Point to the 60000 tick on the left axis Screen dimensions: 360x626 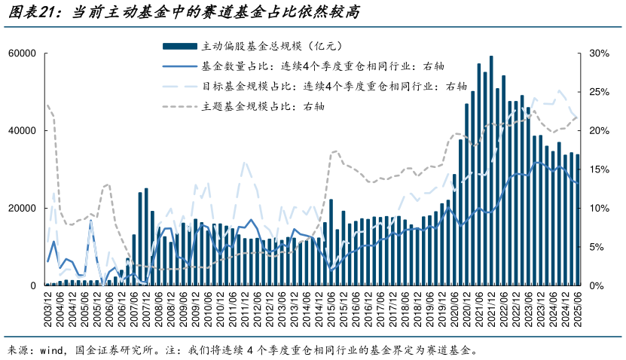[x=23, y=53]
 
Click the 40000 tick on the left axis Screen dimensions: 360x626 [x=23, y=131]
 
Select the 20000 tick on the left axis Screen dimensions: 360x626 [x=23, y=209]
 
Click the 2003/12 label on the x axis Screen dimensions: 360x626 [x=47, y=310]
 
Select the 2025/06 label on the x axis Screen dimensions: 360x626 [x=578, y=310]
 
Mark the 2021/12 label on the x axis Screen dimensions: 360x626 [x=491, y=310]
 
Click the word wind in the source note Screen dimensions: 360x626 [x=60, y=350]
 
